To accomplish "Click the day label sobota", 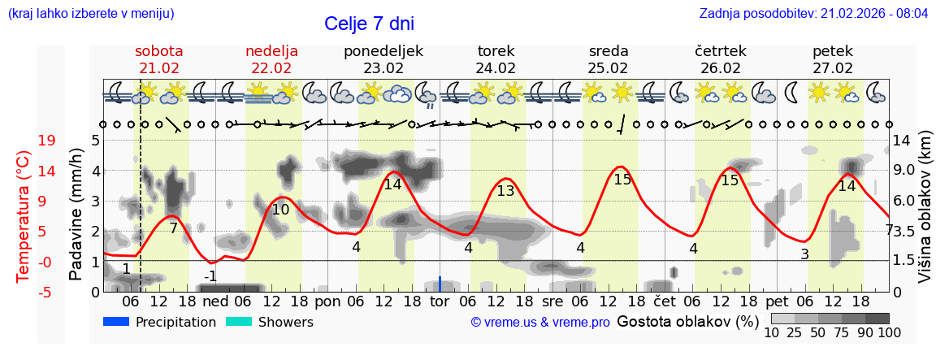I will pos(159,51).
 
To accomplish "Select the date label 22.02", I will pos(271,68).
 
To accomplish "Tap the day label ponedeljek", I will pos(383,51).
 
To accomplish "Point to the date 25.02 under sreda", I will pos(609,68).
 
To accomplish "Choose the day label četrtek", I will pos(721,51).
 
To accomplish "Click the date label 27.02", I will pos(833,68).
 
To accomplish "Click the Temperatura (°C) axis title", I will pos(23,216).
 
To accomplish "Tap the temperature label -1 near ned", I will pos(210,276).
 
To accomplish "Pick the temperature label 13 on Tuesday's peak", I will pos(505,192).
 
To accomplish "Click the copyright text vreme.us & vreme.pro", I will pos(540,323).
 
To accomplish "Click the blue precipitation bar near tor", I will pos(440,284).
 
